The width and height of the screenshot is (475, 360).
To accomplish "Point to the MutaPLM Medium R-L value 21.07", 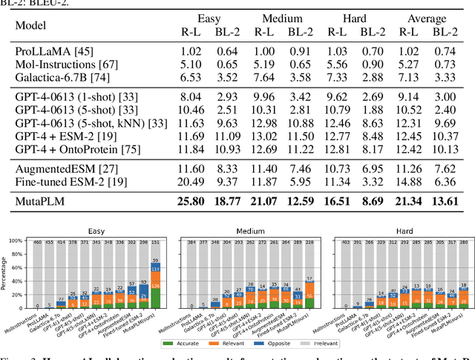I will [264, 200].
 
